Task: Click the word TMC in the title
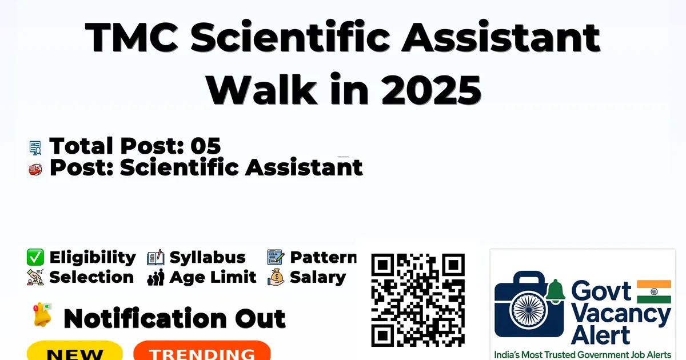point(131,37)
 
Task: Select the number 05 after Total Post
point(205,146)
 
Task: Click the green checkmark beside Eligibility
point(35,257)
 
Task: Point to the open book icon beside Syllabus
point(155,257)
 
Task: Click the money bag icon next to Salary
point(276,277)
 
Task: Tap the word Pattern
point(324,257)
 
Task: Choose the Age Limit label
point(213,277)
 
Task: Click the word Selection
point(91,277)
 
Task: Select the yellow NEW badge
point(75,350)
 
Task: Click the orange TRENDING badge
point(202,350)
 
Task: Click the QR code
point(418,300)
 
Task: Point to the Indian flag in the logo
point(654,291)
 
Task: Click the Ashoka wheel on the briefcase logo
point(529,310)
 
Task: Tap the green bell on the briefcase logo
point(555,290)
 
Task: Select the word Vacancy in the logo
point(621,315)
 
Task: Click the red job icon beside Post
point(35,170)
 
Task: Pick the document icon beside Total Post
point(35,148)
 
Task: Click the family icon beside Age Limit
point(155,277)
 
